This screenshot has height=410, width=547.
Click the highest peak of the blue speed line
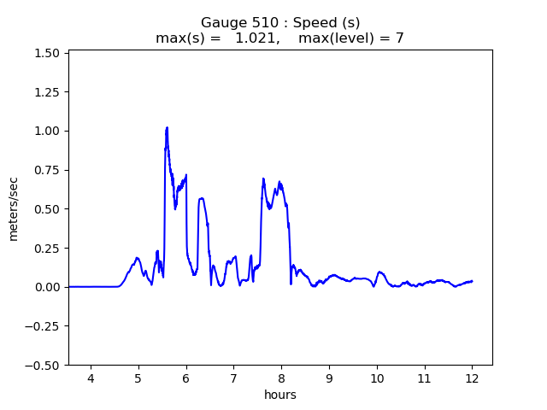coord(167,127)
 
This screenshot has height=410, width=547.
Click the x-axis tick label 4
coord(91,378)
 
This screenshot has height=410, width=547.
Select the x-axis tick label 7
coord(233,378)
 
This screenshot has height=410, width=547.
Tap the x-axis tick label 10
coord(376,378)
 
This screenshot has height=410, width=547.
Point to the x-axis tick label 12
coord(472,378)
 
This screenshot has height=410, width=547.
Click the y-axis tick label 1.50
coord(47,53)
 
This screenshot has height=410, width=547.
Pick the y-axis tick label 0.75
coord(47,170)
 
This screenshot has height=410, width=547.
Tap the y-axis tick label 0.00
coord(47,287)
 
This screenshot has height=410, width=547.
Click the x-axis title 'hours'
coord(280,395)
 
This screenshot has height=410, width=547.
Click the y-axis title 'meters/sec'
coord(14,208)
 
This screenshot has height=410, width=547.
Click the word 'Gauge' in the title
coord(220,23)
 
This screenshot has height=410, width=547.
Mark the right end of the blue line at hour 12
coord(472,281)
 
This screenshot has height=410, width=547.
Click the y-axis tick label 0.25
coord(47,248)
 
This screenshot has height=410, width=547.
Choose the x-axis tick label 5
coord(138,378)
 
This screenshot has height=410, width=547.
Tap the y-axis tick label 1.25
coord(47,92)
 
